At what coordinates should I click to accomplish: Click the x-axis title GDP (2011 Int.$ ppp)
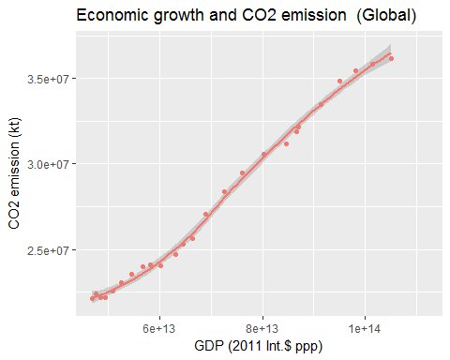[x=258, y=346]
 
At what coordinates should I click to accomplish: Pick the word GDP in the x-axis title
[x=208, y=346]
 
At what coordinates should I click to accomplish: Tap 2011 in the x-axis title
[x=249, y=346]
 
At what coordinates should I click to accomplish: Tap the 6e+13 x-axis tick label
[x=160, y=329]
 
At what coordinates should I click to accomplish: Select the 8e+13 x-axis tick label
[x=262, y=329]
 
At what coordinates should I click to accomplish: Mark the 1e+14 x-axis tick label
[x=365, y=329]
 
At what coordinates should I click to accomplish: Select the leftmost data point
[x=92, y=298]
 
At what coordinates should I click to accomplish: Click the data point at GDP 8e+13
[x=263, y=155]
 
